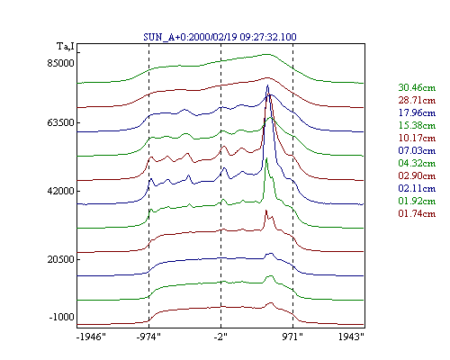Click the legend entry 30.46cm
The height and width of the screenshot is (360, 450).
tap(417, 87)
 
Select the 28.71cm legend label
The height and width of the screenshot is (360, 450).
tap(417, 100)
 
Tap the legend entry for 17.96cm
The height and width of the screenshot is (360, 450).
tap(417, 112)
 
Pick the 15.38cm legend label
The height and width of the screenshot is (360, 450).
tap(417, 125)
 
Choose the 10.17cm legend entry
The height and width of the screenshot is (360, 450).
tap(417, 138)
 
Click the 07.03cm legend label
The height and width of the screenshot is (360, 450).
tap(417, 150)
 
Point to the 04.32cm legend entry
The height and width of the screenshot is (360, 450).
tap(417, 163)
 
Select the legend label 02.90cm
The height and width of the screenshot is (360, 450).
tap(417, 175)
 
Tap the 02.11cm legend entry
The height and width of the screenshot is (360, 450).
tap(417, 188)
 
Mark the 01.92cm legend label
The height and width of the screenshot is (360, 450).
tap(417, 201)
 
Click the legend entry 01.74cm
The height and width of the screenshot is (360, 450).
tap(417, 213)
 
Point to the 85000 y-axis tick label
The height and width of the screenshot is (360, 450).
tap(60, 63)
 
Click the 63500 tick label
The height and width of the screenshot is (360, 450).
tap(60, 122)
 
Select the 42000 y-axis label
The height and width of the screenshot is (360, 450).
tap(60, 191)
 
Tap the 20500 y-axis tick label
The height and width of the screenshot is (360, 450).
tap(60, 259)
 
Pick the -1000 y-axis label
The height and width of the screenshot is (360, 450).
tap(61, 317)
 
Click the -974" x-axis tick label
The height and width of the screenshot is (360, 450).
tap(148, 337)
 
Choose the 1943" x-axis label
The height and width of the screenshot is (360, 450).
tap(351, 337)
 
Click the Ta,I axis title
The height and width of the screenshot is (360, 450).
tap(66, 47)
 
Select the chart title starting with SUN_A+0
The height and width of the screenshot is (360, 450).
tap(220, 37)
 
